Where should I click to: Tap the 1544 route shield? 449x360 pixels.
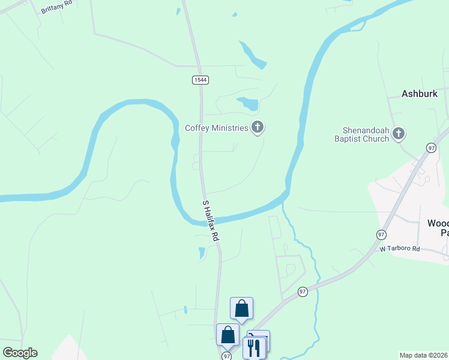point(200,80)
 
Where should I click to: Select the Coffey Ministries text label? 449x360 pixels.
point(216,128)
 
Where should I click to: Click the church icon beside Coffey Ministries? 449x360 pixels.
point(258,127)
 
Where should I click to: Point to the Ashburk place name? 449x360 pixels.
point(420,94)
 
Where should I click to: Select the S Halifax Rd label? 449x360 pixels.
point(210,220)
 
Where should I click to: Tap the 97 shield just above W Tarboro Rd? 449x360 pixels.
point(381,233)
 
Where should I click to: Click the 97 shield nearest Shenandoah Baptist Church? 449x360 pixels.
point(431,148)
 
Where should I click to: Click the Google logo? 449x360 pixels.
point(20,353)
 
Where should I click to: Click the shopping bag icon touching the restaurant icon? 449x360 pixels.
point(228,335)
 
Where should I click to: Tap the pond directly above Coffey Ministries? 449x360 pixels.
point(249,103)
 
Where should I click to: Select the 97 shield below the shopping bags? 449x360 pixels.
point(226,356)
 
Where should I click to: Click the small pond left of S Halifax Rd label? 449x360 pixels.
point(202,253)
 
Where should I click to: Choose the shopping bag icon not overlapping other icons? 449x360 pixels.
point(241,308)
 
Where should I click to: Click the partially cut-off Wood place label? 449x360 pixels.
point(437,227)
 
